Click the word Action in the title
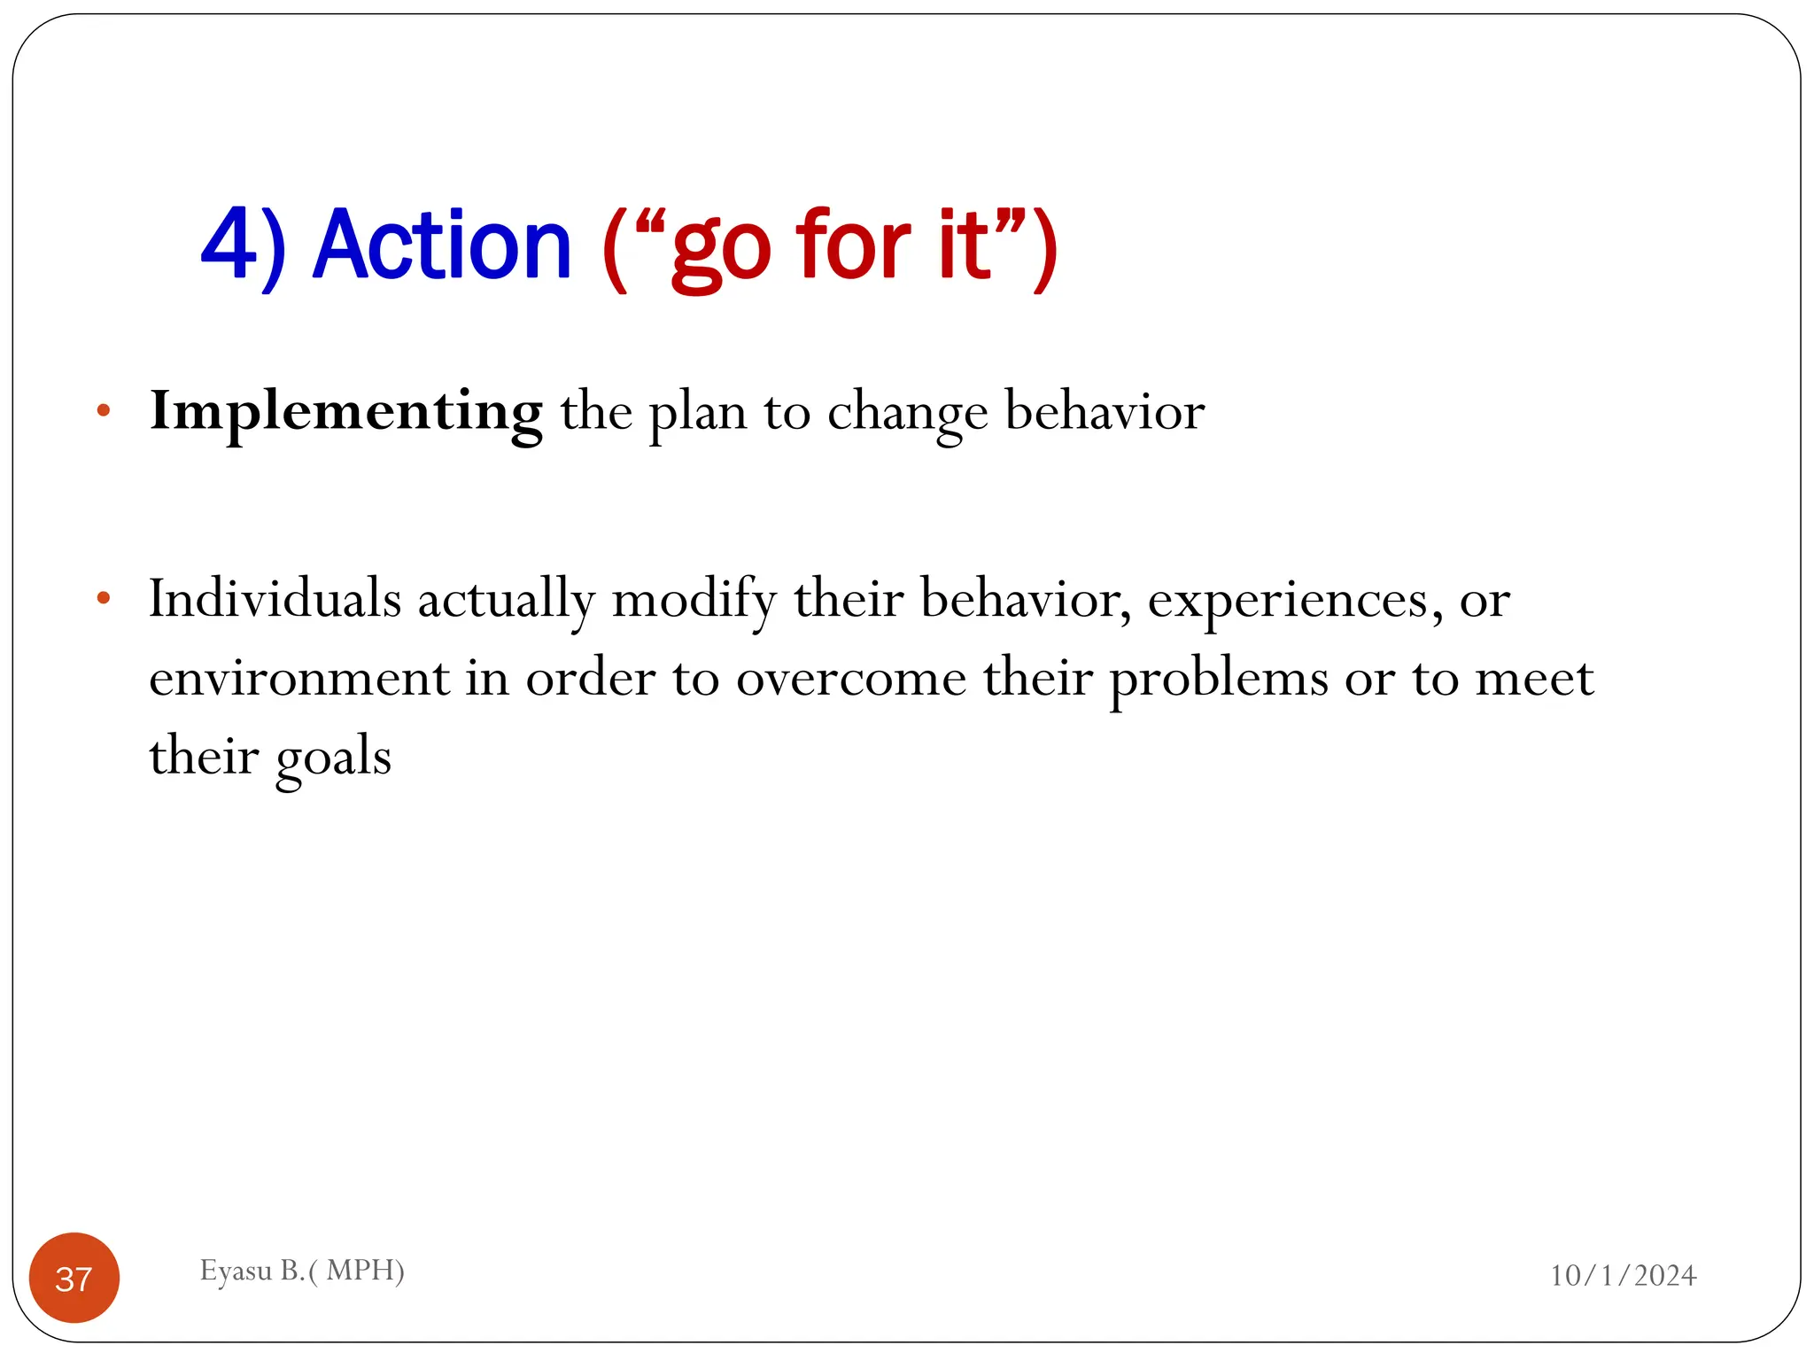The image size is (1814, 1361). point(442,245)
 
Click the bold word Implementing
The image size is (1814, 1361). point(345,413)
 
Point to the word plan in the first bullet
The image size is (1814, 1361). point(698,415)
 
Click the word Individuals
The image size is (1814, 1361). point(275,599)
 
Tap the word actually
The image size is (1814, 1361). point(506,601)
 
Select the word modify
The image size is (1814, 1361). point(694,601)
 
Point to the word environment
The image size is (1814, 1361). point(298,679)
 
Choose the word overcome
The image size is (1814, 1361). point(851,679)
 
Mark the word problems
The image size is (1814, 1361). point(1219,680)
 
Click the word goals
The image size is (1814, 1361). point(333,758)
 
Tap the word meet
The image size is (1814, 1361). point(1534,679)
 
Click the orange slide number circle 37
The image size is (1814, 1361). point(74,1278)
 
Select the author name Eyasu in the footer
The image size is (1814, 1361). point(236,1271)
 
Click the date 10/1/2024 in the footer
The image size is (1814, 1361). point(1623,1276)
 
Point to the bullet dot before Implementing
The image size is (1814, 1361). point(104,410)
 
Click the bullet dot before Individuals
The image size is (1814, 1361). point(104,598)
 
